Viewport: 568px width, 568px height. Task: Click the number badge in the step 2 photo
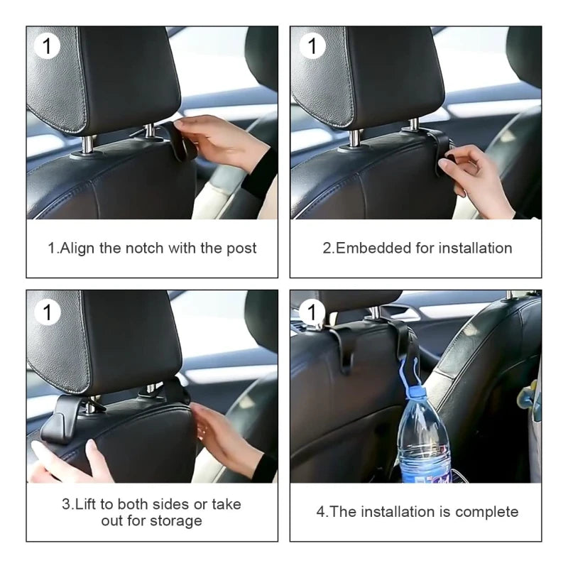click(x=311, y=47)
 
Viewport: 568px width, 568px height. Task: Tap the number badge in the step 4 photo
click(x=311, y=311)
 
